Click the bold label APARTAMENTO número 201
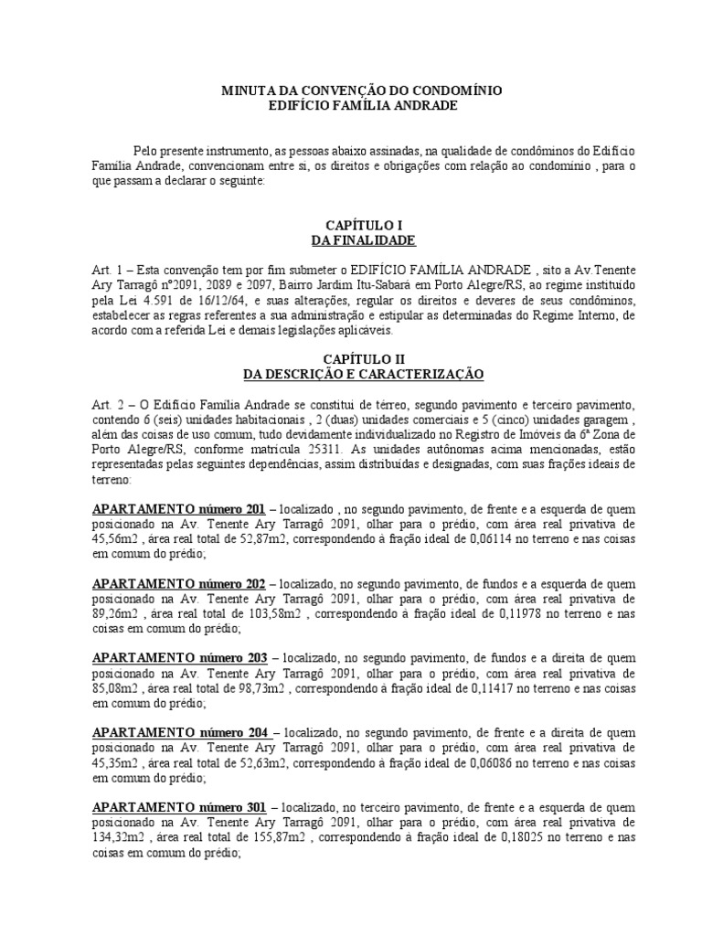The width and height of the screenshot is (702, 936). pyautogui.click(x=179, y=509)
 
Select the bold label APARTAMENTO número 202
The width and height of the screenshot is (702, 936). pyautogui.click(x=179, y=583)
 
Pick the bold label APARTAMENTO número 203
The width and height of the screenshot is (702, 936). pyautogui.click(x=179, y=658)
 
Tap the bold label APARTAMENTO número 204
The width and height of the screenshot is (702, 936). pyautogui.click(x=181, y=733)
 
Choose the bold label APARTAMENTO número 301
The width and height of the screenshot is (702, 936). pyautogui.click(x=179, y=808)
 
